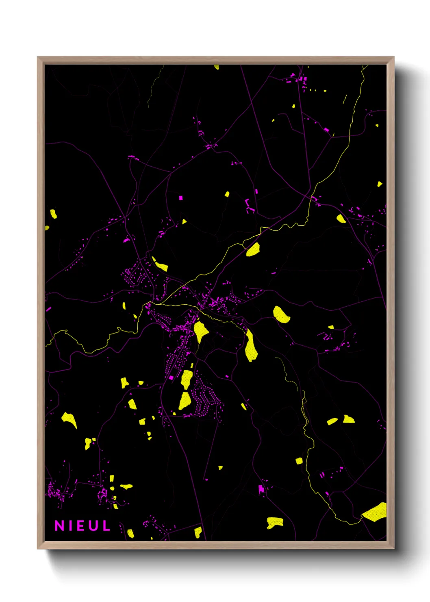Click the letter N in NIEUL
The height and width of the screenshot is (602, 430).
[60, 526]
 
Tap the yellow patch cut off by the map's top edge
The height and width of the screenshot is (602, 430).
[217, 67]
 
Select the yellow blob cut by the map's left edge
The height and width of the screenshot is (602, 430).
[47, 228]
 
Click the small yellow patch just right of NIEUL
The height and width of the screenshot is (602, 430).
[130, 533]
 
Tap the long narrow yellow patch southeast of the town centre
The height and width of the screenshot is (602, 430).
[250, 347]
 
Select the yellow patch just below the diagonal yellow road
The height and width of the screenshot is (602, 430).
[253, 250]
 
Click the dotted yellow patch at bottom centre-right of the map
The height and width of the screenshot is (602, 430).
[275, 523]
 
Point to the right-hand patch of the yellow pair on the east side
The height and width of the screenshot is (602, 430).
[348, 419]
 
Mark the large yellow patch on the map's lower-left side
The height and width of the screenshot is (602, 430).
[69, 419]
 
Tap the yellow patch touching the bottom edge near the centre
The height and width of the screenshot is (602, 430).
[198, 532]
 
